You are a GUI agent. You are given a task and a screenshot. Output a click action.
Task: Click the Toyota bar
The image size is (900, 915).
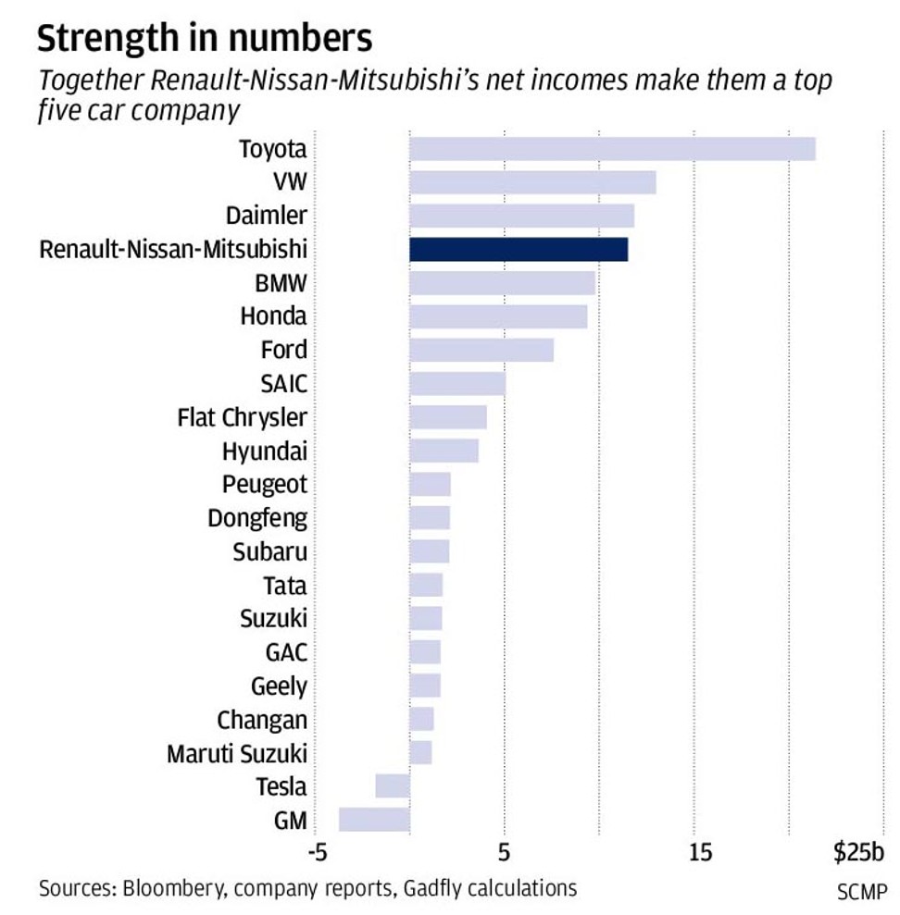612,149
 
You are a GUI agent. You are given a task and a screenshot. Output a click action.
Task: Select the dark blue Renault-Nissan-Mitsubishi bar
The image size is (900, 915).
519,249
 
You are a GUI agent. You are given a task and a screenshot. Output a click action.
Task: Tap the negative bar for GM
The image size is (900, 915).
374,820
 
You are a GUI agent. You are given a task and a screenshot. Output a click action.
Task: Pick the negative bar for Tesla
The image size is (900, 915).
393,785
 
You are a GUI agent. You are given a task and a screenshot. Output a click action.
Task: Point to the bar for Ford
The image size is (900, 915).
481,350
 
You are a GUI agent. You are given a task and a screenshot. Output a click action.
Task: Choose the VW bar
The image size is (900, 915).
532,182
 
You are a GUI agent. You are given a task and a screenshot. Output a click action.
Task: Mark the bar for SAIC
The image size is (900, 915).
457,383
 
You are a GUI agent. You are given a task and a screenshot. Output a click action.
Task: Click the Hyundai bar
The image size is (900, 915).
444,451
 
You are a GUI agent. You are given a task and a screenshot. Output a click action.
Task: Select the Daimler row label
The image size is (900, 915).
266,216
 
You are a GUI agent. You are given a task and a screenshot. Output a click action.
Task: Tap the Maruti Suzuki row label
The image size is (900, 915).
237,753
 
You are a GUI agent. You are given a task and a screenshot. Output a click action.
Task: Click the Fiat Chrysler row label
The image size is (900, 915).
242,417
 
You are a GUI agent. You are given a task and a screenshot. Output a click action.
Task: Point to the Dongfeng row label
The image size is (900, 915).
257,518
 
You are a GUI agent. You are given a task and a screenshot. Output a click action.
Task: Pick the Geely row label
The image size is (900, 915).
279,686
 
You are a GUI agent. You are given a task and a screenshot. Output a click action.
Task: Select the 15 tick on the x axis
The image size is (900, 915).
701,852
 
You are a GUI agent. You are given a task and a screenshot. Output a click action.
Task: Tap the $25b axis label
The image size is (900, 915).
858,852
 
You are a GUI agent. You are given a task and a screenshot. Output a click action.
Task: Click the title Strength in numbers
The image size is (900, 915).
205,39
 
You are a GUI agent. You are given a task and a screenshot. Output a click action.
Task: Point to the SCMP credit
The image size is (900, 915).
861,895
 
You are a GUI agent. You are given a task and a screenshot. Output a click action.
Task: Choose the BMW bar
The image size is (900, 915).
502,282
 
